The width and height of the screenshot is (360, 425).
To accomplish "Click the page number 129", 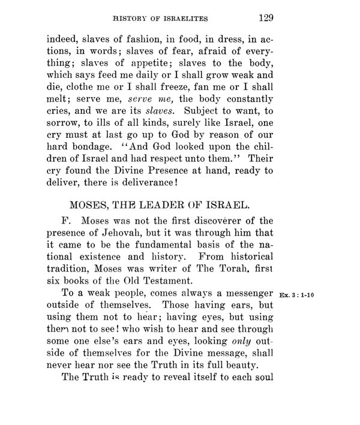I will [x=264, y=16].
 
